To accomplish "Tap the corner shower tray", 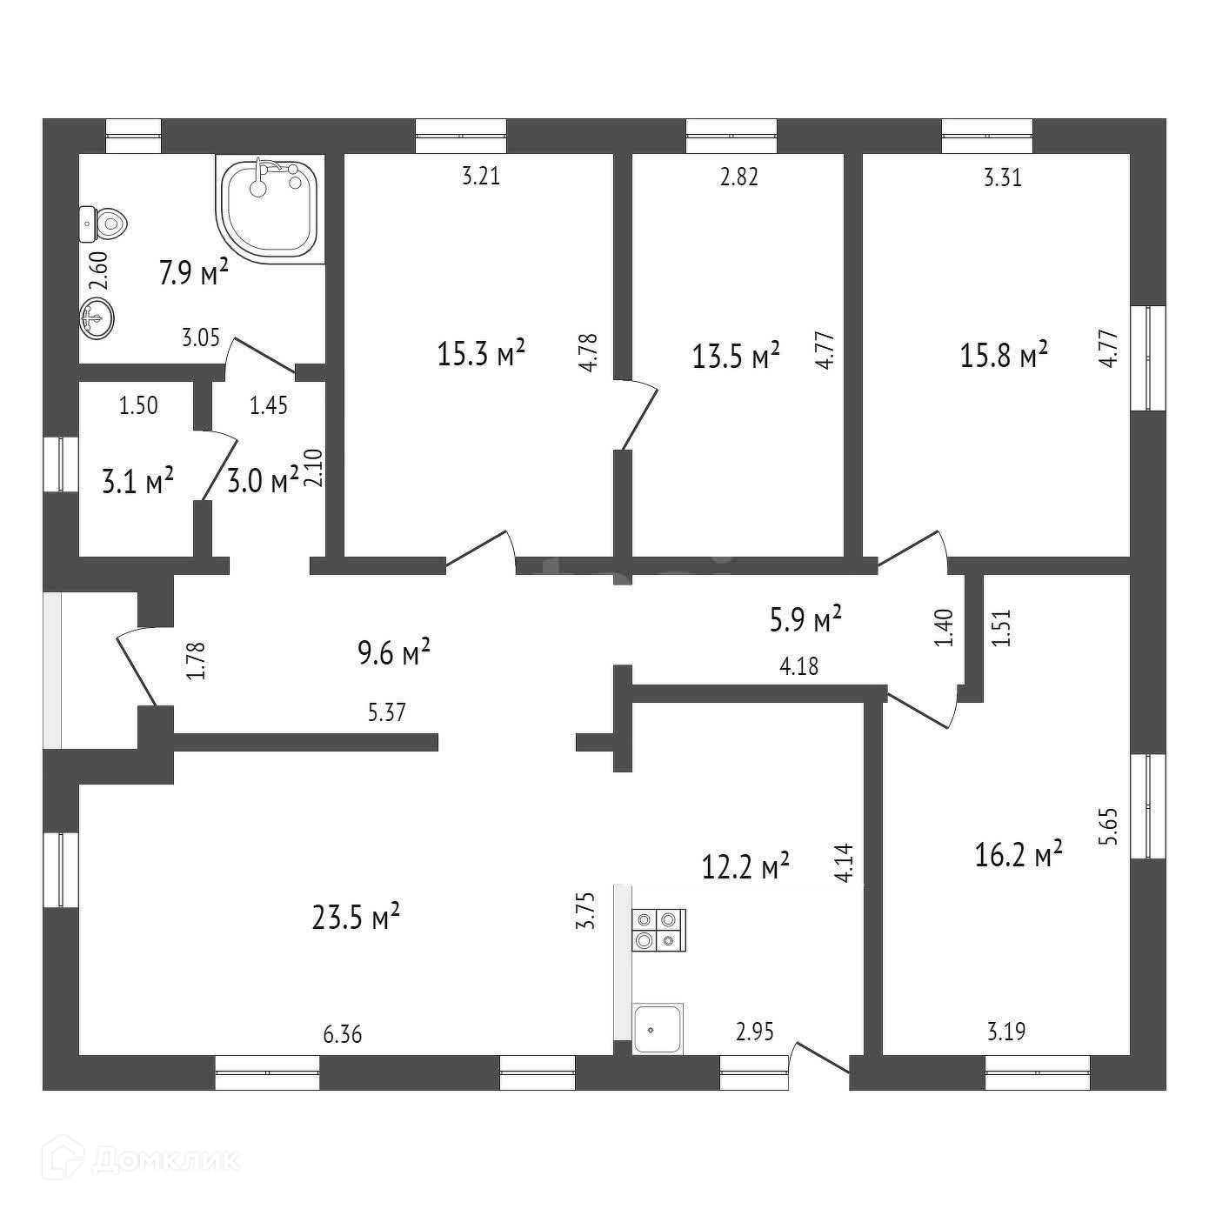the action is pos(269,209).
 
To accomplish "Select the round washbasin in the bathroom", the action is pos(97,318).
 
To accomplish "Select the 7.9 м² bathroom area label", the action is pos(193,274).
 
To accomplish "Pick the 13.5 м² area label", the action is pos(736,355).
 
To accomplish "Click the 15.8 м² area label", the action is pos(1004,355).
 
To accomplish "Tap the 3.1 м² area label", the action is pos(137,481).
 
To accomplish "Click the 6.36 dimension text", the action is pos(342,1035).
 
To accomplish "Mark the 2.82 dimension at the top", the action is pos(739,177).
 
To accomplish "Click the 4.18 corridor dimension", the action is pos(798,667).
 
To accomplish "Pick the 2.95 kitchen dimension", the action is pos(754,1032).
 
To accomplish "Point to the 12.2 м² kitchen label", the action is pos(745,865).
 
